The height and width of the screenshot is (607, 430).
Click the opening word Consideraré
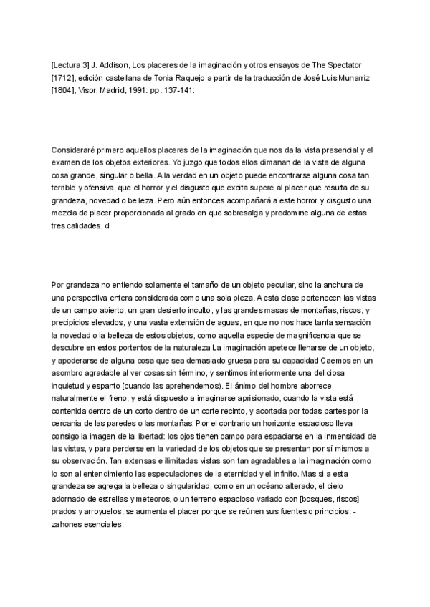77,149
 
